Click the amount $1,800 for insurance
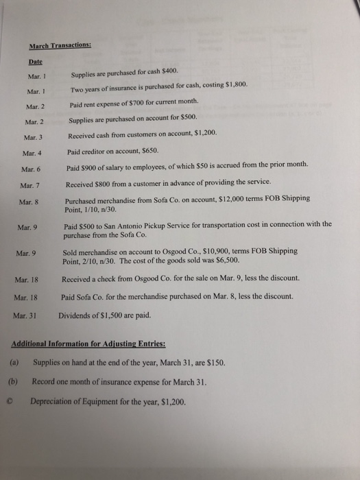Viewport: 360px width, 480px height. [x=233, y=88]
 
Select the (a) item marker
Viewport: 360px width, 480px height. [x=13, y=361]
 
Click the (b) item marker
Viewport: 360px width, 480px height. [x=12, y=379]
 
